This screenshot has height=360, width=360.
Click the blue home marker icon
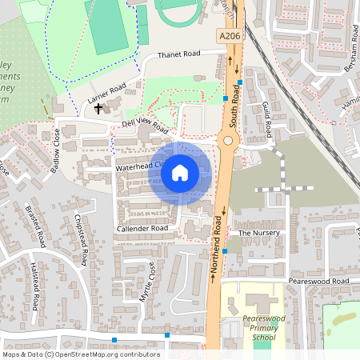point(180,173)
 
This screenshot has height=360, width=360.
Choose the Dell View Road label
point(145,127)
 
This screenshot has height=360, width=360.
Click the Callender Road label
point(142,229)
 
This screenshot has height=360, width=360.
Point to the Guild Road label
point(267,118)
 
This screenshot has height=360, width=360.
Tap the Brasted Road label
point(38,226)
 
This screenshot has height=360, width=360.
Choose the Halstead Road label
point(34,287)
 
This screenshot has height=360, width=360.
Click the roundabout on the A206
point(228,142)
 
